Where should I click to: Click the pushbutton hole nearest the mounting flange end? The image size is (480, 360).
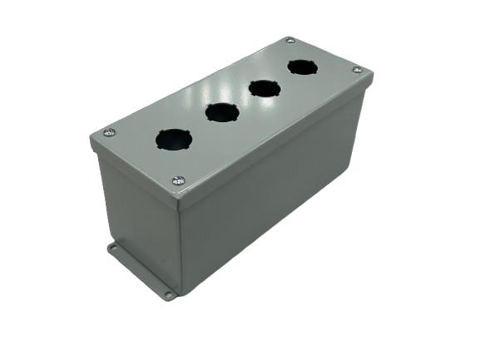173,138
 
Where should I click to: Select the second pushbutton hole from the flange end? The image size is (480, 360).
222,111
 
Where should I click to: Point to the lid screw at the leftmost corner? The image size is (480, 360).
108,132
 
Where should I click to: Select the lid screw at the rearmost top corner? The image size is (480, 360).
289,41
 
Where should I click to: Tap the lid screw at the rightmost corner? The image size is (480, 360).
357,71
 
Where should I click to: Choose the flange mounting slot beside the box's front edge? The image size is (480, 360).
168,294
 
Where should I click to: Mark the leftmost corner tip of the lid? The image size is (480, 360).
90,135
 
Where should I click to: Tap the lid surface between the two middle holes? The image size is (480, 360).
243,100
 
